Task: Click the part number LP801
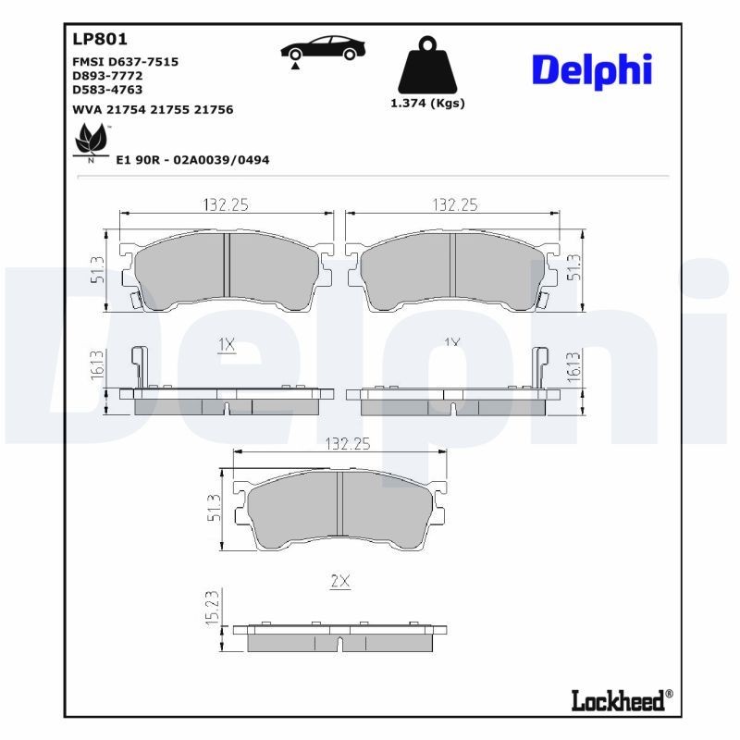[99, 40]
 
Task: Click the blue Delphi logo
[592, 70]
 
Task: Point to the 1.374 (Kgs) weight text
[427, 104]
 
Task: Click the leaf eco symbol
[92, 141]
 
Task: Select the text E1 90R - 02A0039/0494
[192, 160]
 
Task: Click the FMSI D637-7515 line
[125, 61]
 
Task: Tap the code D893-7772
[107, 76]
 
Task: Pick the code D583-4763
[107, 90]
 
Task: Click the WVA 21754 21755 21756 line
[153, 109]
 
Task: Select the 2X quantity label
[339, 581]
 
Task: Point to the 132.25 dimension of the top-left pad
[228, 204]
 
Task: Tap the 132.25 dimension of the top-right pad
[453, 204]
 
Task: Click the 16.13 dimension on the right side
[573, 366]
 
